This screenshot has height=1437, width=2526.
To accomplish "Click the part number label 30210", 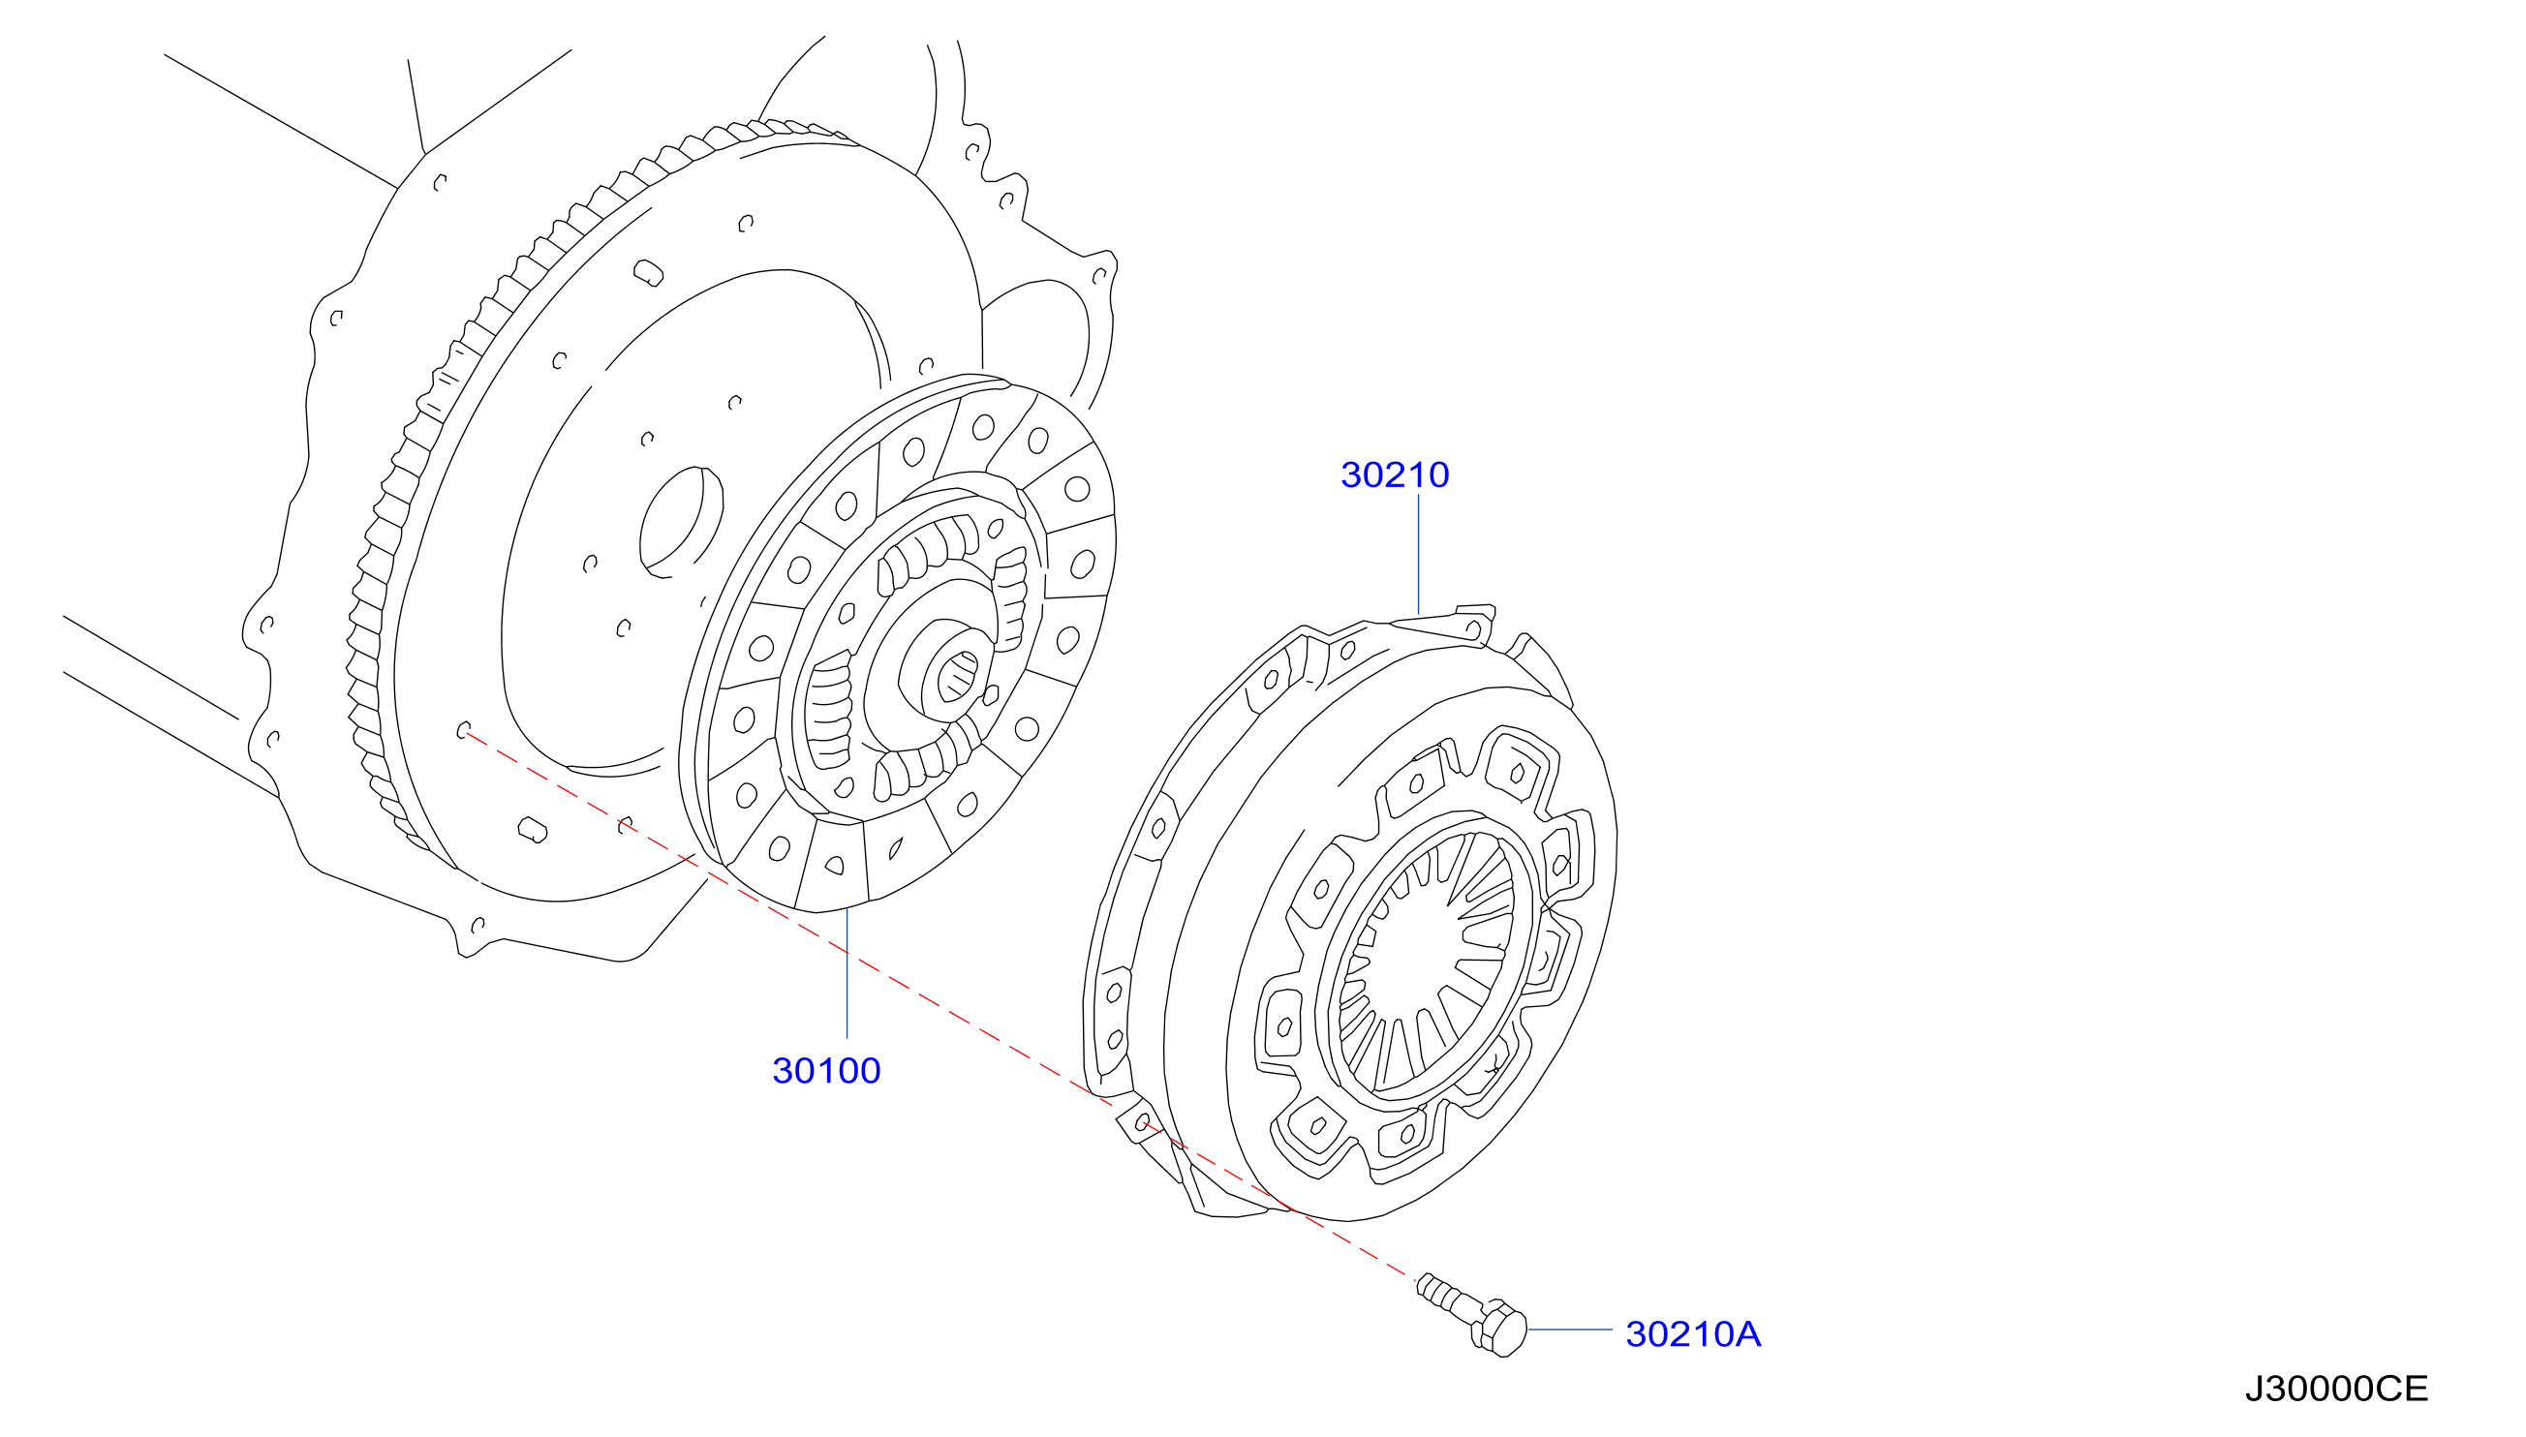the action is tap(1394, 474).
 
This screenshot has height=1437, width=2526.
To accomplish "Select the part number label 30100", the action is tap(826, 1071).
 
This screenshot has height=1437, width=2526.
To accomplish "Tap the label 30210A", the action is tap(1693, 1334).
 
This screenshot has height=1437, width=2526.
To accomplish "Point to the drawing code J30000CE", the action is tap(2335, 1389).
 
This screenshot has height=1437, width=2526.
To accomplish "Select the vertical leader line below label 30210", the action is tap(1419, 555).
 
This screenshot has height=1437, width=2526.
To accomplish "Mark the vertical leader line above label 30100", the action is tap(847, 973).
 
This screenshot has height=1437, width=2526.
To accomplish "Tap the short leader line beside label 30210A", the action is tap(1569, 1330).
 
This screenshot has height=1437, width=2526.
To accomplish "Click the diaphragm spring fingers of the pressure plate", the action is tap(1427, 963).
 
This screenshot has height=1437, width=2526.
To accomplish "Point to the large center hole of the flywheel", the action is tap(680, 522).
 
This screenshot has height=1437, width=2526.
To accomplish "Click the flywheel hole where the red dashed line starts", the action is tap(462, 730).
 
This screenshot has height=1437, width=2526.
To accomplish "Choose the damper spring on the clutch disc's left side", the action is tap(827, 711).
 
